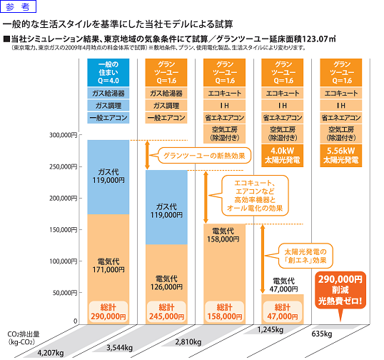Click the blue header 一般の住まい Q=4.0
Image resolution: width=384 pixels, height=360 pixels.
[108, 72]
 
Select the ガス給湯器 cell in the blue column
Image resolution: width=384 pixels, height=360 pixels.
[108, 93]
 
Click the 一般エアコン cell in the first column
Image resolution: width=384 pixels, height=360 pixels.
[108, 117]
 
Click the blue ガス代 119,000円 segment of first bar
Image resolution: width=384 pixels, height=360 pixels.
[108, 176]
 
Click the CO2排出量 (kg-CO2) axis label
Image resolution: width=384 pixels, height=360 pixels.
[23, 337]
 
